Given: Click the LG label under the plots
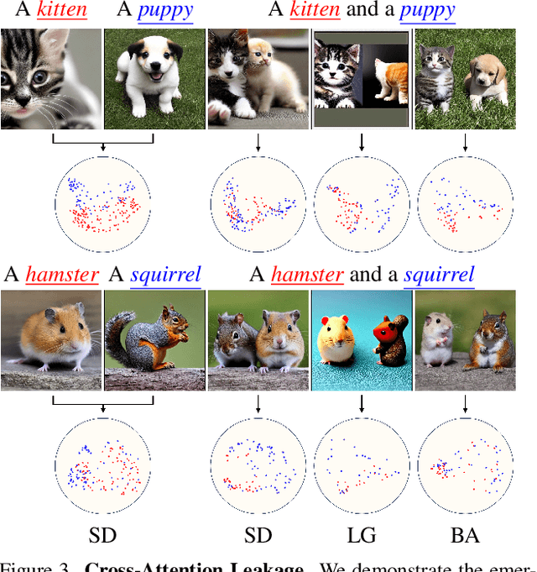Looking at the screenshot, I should pyautogui.click(x=362, y=534).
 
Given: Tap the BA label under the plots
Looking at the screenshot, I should pyautogui.click(x=465, y=534).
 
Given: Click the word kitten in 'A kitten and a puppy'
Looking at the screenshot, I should pyautogui.click(x=314, y=12).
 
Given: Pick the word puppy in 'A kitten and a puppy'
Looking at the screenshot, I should pyautogui.click(x=427, y=12).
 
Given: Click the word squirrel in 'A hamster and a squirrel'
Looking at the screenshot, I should pyautogui.click(x=439, y=275).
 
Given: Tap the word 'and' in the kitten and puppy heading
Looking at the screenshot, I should pyautogui.click(x=359, y=12).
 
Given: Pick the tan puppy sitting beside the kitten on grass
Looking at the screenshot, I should pyautogui.click(x=487, y=85).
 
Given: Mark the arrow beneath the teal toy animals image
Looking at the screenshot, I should pyautogui.click(x=362, y=405).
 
